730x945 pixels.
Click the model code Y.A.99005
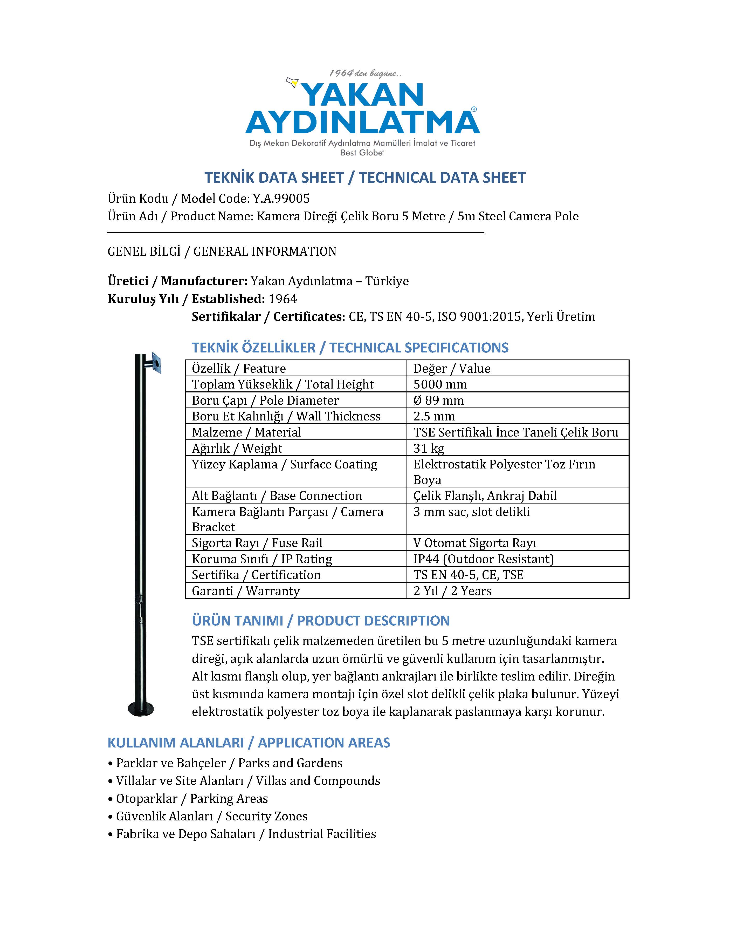281,199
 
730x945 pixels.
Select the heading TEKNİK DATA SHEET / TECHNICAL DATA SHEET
364,178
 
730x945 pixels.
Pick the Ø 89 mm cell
438,400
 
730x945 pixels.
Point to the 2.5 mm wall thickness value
434,416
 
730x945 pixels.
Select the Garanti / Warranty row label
246,591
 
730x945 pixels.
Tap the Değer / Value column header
452,369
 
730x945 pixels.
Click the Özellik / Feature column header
239,369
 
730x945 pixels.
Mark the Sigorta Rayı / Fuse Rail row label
257,543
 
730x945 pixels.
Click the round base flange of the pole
141,709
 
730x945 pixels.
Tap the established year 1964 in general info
283,299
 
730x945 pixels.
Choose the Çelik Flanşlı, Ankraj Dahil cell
485,496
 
